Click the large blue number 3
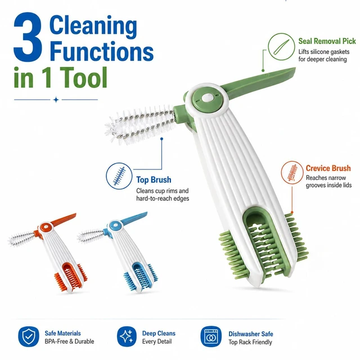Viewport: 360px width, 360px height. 28,37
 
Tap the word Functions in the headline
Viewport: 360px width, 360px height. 101,51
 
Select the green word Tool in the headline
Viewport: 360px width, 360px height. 84,78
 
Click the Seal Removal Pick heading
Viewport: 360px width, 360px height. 327,41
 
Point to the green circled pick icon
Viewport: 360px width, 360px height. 281,47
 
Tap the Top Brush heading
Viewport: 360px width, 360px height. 154,180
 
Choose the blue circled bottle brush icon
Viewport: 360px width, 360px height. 119,176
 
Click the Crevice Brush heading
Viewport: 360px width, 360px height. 328,168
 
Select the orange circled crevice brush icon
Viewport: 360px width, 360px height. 292,172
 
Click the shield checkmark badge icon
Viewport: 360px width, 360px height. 29,336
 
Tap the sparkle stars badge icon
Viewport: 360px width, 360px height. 127,336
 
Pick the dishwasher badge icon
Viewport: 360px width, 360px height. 211,336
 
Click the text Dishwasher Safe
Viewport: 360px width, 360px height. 251,334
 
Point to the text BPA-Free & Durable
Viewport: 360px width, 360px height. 69,341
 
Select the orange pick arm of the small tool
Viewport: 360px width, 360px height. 63,219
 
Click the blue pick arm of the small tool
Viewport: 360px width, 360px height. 134,218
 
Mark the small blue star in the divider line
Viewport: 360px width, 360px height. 56,100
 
